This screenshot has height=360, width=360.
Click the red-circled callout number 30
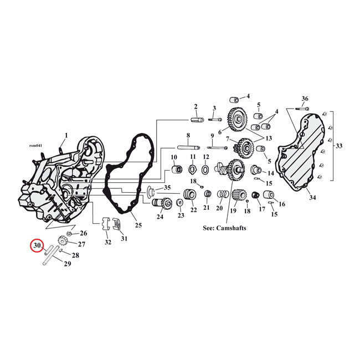(x=38, y=245)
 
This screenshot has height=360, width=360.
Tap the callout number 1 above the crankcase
(x=66, y=135)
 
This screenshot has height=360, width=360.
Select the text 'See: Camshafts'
(x=224, y=228)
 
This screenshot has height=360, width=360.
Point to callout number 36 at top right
(x=305, y=99)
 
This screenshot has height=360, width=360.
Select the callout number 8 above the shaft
(x=188, y=136)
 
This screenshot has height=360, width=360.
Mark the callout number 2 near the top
(x=196, y=106)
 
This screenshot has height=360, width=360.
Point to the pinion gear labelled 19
(x=239, y=197)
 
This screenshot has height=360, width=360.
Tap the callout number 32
(x=107, y=242)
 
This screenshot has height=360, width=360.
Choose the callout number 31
(x=124, y=239)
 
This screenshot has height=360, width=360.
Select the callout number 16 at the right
(x=282, y=204)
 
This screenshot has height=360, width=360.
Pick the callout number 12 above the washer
(x=205, y=157)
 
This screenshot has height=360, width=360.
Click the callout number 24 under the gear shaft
(x=160, y=217)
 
